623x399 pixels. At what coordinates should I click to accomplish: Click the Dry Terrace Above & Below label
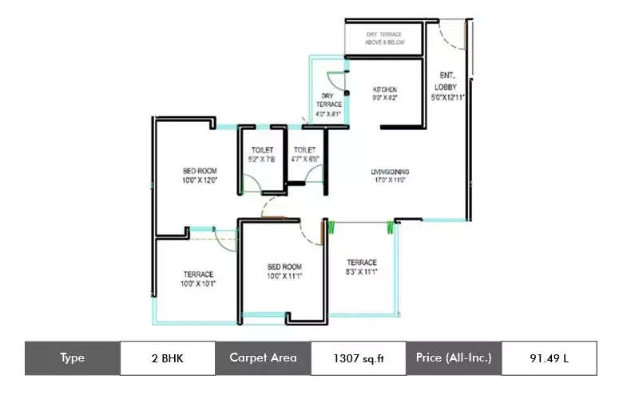383,38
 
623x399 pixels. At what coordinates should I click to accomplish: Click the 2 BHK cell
167,358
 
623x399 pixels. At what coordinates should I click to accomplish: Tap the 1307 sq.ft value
359,358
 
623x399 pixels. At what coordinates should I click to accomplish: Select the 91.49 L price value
550,358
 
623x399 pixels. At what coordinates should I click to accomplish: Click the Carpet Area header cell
263,358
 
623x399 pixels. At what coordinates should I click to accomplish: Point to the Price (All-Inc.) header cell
454,358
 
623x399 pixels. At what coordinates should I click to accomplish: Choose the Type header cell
72,358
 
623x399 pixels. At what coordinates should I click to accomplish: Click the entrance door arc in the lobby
450,36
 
